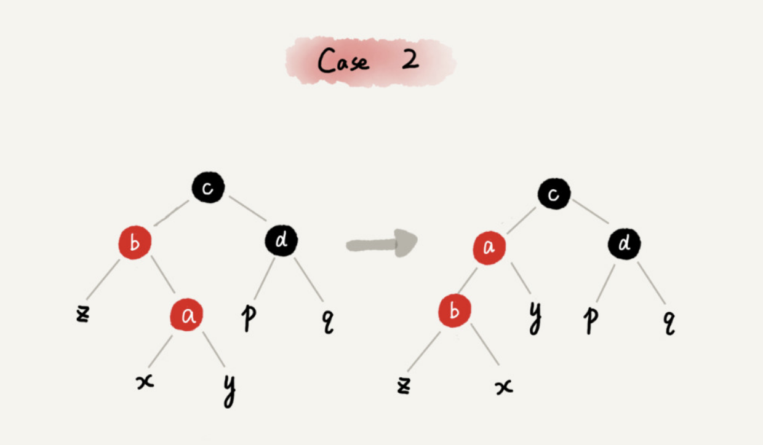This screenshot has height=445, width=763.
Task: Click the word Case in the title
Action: [x=343, y=61]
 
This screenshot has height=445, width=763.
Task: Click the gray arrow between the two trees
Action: [x=381, y=243]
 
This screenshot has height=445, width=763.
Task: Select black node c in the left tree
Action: [x=208, y=187]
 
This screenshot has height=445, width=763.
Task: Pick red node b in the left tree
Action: [x=135, y=243]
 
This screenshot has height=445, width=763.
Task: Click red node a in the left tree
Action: [x=186, y=315]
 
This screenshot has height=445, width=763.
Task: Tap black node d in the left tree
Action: [x=281, y=242]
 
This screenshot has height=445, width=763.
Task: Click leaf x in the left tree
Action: [x=145, y=382]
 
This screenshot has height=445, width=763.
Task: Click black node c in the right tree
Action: [x=554, y=194]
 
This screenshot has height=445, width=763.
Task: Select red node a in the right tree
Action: [x=489, y=248]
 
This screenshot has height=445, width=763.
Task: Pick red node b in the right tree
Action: [x=454, y=311]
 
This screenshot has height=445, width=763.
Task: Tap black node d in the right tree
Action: [x=624, y=245]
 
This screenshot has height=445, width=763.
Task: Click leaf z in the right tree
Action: [x=403, y=385]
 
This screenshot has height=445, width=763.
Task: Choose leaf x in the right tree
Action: [x=504, y=387]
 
